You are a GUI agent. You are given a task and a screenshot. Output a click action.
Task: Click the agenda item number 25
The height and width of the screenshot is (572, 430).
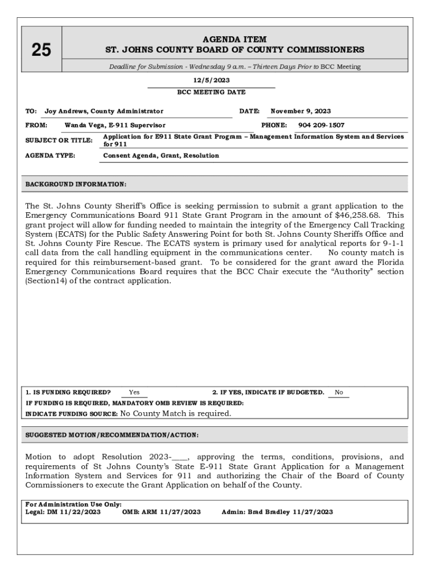41,50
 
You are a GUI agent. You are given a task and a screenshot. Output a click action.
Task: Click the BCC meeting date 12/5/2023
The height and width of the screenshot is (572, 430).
211,80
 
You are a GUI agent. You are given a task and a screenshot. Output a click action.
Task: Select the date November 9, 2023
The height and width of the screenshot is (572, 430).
300,111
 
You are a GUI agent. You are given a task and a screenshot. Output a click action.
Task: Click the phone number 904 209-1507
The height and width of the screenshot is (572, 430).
321,125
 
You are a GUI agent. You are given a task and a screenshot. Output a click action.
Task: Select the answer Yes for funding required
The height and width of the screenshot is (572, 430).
134,393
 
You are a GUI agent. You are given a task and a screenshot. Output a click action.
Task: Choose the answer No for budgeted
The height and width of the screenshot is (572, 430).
338,393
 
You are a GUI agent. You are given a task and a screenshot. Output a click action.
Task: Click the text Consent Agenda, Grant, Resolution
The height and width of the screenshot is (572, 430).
161,155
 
